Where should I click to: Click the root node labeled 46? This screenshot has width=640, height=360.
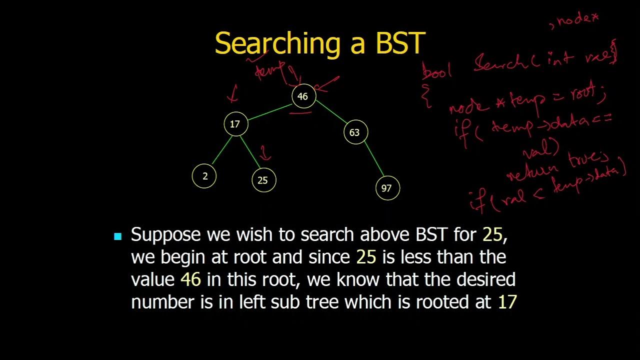point(303,96)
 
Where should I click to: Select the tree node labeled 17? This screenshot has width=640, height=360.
point(235,124)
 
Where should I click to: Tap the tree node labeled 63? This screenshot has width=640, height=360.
point(354,132)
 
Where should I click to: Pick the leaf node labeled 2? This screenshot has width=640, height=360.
point(204,176)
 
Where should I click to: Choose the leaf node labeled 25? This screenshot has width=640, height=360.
point(263,180)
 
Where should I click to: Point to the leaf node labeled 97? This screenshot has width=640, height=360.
point(386,188)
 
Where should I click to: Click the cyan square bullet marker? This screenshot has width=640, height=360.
point(118,236)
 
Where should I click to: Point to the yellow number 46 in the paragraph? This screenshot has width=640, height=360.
point(190,279)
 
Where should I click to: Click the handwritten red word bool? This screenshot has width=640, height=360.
point(436,72)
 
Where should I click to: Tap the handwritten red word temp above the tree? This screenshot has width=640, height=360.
point(268,71)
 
